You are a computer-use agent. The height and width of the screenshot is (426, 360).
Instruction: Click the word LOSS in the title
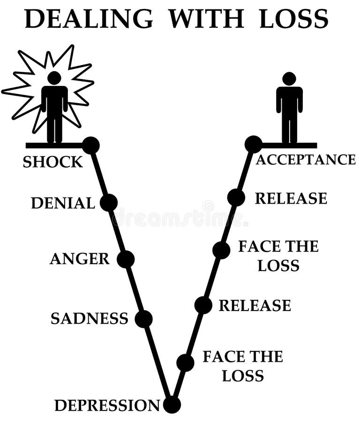[x=294, y=19]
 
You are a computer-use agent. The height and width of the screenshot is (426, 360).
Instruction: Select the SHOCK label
[x=52, y=162]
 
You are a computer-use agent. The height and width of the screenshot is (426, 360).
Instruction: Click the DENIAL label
[x=63, y=203]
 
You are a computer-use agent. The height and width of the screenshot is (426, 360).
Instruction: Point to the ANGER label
[x=79, y=259]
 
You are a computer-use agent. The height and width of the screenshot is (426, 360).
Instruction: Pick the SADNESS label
[x=89, y=319]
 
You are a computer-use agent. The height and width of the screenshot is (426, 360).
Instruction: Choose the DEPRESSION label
[x=107, y=405]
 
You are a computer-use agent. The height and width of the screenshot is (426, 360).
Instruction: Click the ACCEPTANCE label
[x=306, y=160]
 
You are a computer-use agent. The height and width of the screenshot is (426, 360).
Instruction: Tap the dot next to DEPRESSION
[x=172, y=404]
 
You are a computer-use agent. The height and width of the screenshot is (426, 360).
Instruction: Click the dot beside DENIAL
[x=109, y=203]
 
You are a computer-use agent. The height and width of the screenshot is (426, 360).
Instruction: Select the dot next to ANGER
[x=126, y=259]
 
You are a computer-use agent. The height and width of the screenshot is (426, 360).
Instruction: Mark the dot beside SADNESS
[x=143, y=319]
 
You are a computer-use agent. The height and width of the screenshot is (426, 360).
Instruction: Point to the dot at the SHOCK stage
[x=91, y=145]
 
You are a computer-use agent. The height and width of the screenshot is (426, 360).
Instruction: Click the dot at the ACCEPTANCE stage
[x=253, y=144]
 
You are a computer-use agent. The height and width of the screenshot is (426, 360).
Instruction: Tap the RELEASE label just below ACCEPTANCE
[x=291, y=198]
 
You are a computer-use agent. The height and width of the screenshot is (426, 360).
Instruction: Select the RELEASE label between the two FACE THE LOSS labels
[x=255, y=305]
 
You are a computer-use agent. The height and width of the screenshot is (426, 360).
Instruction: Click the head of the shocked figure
[x=54, y=78]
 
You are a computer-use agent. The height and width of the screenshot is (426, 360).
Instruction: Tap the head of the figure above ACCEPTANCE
[x=289, y=79]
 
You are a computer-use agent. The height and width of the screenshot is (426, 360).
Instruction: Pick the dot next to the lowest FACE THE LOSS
[x=185, y=363]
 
